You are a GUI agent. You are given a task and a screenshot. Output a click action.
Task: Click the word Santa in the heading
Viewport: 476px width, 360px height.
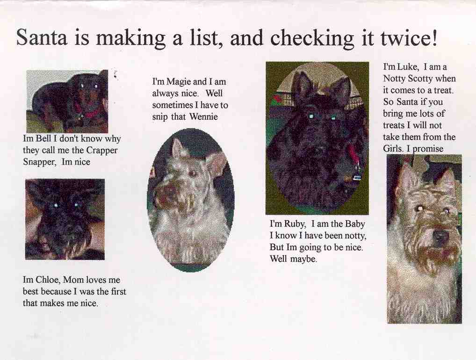pyautogui.click(x=41, y=38)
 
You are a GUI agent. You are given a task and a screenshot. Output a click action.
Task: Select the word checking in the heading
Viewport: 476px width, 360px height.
pyautogui.click(x=312, y=39)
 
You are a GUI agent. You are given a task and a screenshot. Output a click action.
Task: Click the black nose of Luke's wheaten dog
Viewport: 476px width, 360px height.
pyautogui.click(x=441, y=235)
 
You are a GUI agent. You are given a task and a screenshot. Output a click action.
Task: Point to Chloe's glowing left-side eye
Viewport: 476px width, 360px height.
pyautogui.click(x=56, y=206)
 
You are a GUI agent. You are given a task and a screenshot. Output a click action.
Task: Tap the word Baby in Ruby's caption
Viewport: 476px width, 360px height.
pyautogui.click(x=355, y=224)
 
